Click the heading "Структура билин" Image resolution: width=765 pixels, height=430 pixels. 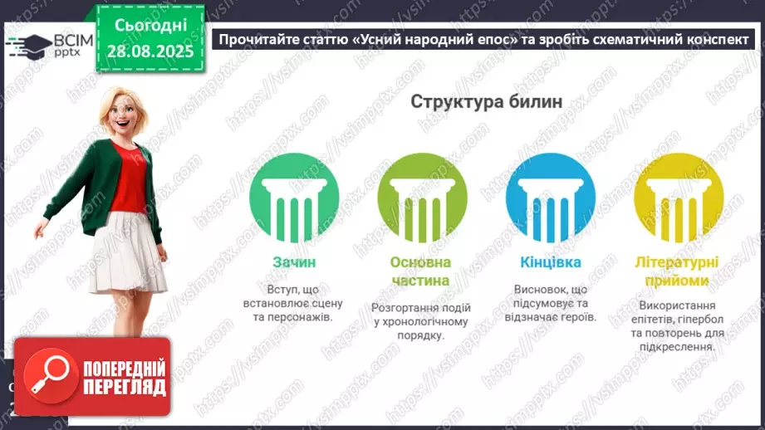[485, 101]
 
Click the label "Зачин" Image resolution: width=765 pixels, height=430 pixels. [293, 262]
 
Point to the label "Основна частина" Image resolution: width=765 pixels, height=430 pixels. [420, 271]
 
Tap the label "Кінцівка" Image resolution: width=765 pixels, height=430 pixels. [550, 262]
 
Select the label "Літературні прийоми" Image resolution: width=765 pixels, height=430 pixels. [678, 271]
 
